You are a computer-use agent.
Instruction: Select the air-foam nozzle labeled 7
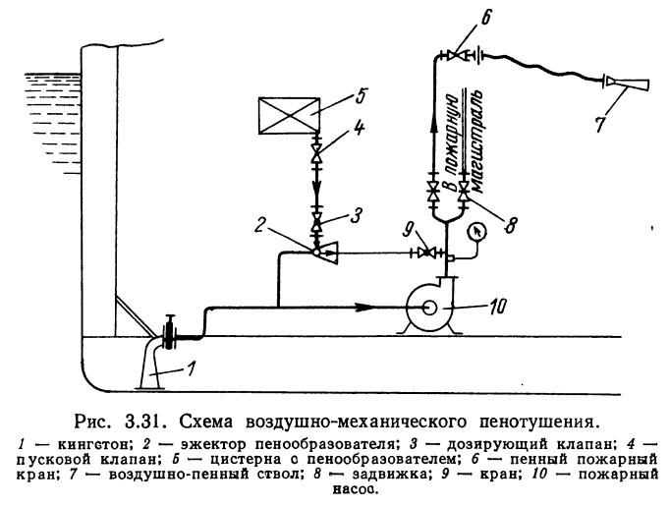pyautogui.click(x=622, y=85)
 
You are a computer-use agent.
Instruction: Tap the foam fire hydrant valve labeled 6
pyautogui.click(x=453, y=57)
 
